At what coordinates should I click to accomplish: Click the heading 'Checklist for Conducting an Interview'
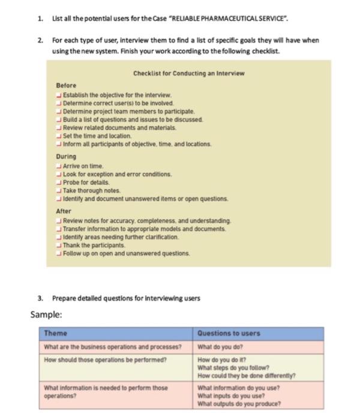click(x=189, y=73)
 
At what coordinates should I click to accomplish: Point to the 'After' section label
click(x=64, y=211)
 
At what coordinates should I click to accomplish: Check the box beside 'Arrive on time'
click(x=58, y=165)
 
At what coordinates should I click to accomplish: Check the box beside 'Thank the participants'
click(x=58, y=245)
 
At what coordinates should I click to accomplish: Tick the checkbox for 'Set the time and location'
click(x=58, y=136)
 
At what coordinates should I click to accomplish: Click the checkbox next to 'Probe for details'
click(x=58, y=181)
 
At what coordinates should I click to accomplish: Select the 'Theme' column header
click(x=55, y=333)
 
